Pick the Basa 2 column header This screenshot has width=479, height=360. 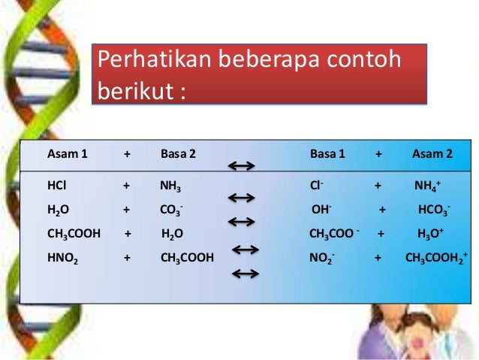point(178,154)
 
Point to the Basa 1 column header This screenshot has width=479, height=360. point(327,154)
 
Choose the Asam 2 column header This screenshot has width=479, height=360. point(432,154)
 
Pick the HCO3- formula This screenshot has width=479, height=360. point(435,210)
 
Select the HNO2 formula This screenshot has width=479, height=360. point(62,258)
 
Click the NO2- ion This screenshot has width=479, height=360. point(322,258)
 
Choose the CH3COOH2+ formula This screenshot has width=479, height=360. point(436,258)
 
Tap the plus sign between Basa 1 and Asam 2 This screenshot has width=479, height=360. point(378,154)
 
